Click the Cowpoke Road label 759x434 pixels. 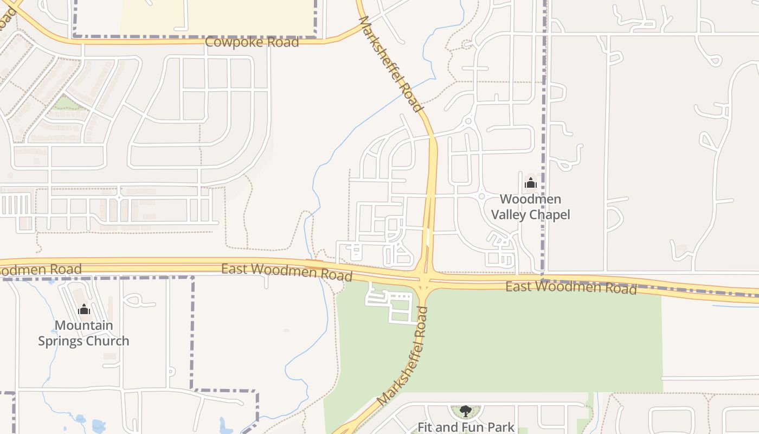[252, 42]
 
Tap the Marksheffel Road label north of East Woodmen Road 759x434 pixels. [390, 64]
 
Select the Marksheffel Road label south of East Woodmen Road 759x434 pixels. [402, 356]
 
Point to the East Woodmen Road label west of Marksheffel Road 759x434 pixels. [287, 271]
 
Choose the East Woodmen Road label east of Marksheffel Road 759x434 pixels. [571, 287]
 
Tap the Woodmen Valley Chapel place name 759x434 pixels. [530, 207]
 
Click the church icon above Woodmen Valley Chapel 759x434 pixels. [530, 183]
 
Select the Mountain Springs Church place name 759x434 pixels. [83, 333]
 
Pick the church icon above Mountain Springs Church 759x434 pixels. [83, 309]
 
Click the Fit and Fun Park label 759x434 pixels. [465, 427]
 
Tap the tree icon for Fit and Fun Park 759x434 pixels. [465, 411]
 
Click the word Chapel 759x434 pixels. [550, 215]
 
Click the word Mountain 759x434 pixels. [83, 325]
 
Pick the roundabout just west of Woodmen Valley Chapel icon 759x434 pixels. [481, 196]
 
